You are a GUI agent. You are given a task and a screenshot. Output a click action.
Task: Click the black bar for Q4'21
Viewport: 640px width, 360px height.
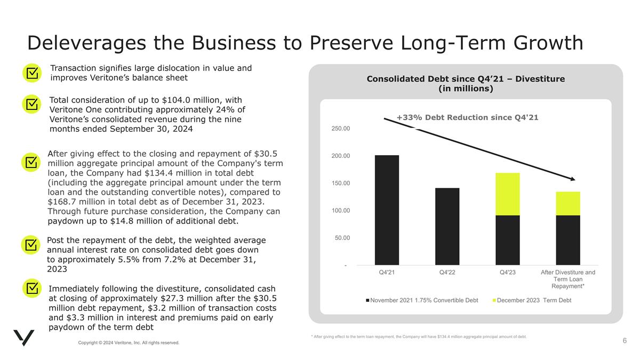(387, 210)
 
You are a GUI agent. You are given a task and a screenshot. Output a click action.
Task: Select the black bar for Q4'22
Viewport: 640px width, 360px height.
(447, 226)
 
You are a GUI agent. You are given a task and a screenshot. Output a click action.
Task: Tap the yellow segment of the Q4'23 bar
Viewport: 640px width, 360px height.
(507, 194)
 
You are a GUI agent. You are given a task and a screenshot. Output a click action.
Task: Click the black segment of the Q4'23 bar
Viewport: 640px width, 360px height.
(507, 240)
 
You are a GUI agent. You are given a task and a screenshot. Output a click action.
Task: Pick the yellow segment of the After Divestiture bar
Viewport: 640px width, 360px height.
(567, 203)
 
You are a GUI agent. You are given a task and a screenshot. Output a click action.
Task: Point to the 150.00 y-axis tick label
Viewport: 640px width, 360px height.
(339, 183)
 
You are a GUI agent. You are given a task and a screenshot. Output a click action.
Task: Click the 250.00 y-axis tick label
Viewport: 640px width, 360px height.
(339, 129)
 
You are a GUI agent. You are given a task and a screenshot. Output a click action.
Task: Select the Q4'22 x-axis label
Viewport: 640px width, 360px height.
(447, 273)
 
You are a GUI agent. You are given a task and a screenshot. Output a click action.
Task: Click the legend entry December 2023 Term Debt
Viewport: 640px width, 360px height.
(534, 301)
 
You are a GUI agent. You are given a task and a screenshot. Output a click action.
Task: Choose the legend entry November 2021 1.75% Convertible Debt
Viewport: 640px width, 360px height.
(424, 301)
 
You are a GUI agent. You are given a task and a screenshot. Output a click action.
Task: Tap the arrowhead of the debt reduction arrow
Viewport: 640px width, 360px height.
(572, 179)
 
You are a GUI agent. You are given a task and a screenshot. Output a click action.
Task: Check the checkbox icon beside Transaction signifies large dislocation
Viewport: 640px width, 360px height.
(32, 73)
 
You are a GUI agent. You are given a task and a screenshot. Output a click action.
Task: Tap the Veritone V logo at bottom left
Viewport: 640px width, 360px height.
(23, 338)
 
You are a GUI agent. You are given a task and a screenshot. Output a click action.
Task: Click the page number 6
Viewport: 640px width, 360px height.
(624, 340)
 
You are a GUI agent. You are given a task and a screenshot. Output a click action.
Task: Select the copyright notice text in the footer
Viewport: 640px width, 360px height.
(129, 342)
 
